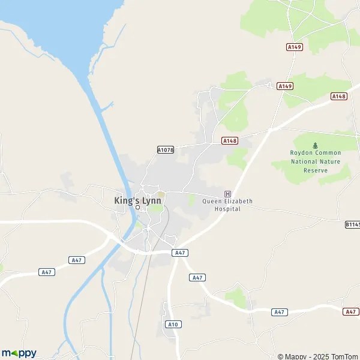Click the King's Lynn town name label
click(137, 200)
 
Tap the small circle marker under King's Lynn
click(137, 208)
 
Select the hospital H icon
click(227, 193)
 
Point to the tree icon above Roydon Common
click(315, 145)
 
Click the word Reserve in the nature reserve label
click(315, 170)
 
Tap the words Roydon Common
click(315, 154)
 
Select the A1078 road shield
click(166, 149)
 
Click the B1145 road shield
click(353, 224)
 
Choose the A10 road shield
click(173, 324)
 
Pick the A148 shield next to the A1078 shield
click(229, 140)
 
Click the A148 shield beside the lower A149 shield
click(339, 96)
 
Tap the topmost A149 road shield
click(293, 46)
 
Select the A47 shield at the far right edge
click(352, 311)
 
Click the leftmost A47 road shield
click(47, 272)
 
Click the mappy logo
click(19, 353)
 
